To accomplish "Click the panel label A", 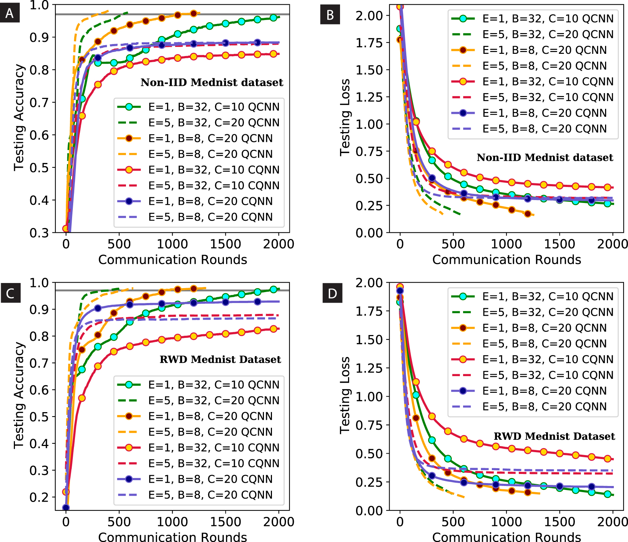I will [x=9, y=13].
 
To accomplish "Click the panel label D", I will [x=332, y=293].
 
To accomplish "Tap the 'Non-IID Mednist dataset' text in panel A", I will [x=212, y=83].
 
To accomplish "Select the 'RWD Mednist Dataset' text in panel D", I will [x=554, y=436].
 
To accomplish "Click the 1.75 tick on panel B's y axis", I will [x=369, y=43].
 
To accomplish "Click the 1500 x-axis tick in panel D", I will [x=559, y=521].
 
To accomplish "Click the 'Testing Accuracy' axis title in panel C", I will [x=19, y=395].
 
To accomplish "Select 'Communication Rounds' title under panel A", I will [x=173, y=260].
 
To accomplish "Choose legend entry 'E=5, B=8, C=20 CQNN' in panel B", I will [x=544, y=129].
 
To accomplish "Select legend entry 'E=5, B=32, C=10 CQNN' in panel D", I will [x=548, y=375].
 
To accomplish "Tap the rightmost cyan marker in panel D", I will [x=607, y=494].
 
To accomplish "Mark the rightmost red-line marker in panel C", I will [x=273, y=329].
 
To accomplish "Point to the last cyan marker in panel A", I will [x=273, y=18].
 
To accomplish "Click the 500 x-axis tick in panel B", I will [x=453, y=244].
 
